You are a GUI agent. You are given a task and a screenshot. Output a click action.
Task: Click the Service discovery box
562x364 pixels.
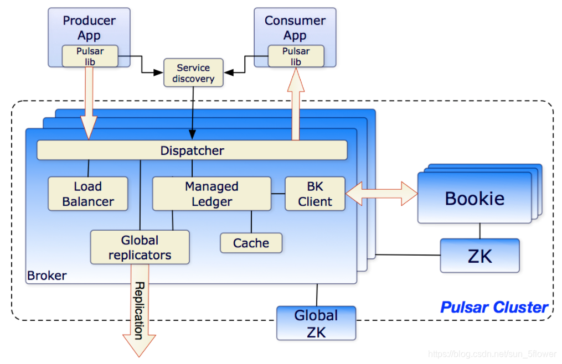click(x=194, y=72)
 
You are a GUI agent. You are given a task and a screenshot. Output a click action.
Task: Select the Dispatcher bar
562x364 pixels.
click(x=192, y=150)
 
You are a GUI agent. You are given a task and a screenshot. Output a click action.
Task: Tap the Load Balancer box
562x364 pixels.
click(x=88, y=194)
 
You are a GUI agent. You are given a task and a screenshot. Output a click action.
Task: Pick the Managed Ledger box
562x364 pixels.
click(x=212, y=194)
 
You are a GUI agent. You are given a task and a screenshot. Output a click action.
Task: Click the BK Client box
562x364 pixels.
click(x=315, y=194)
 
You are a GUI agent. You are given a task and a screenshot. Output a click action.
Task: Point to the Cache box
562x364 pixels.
click(x=251, y=243)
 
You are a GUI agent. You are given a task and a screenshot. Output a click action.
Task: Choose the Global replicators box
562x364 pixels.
click(x=140, y=247)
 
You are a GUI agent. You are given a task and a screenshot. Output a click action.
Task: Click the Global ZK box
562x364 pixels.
click(x=316, y=323)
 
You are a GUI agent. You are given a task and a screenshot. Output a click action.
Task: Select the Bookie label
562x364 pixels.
click(x=475, y=198)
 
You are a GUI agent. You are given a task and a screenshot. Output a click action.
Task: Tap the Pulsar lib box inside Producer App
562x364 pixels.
click(x=90, y=56)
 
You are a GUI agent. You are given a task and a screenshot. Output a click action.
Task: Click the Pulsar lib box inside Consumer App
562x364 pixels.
click(x=296, y=56)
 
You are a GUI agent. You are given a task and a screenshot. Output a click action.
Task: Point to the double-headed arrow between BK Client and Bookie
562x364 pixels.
click(x=381, y=194)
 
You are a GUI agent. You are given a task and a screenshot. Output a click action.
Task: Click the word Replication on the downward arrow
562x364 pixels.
click(x=139, y=311)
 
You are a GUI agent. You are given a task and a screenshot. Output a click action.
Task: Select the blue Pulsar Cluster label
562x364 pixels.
click(x=494, y=307)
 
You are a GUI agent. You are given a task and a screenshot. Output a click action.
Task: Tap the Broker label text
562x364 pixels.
click(x=47, y=275)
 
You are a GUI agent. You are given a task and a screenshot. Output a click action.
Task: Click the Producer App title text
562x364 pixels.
click(x=89, y=28)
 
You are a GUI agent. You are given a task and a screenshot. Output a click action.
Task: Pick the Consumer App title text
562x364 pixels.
click(x=295, y=28)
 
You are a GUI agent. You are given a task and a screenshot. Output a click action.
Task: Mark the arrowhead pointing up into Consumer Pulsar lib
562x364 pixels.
click(x=296, y=80)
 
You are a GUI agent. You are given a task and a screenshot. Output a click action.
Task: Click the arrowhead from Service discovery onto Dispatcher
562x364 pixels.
click(x=193, y=135)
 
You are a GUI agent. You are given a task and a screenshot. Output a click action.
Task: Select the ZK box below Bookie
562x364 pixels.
click(x=479, y=256)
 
